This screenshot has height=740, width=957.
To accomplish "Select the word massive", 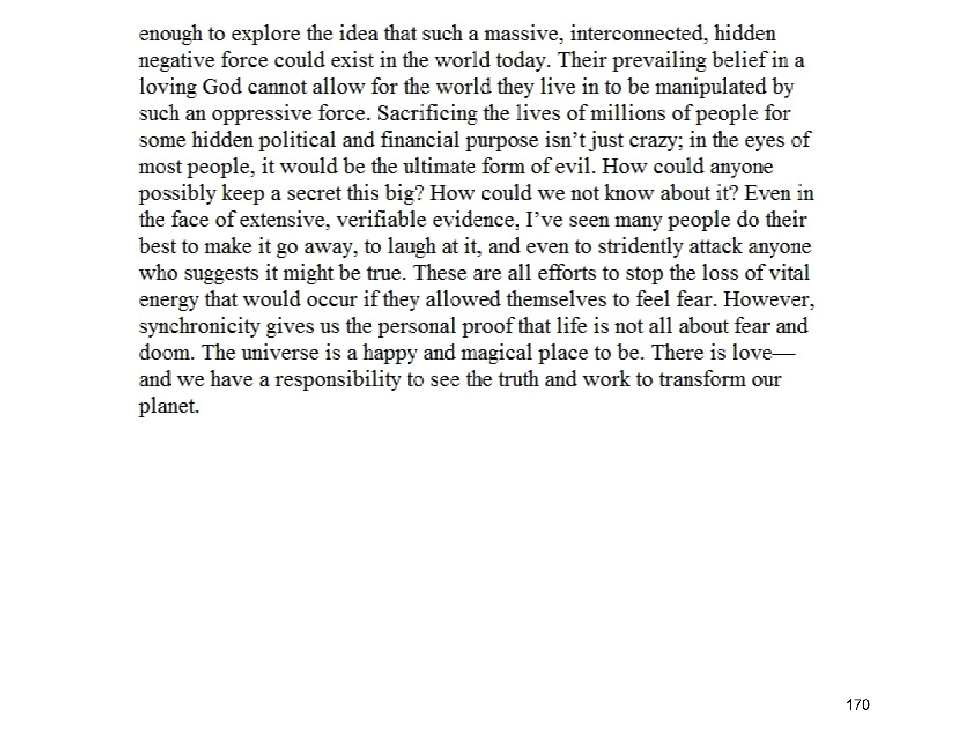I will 523,34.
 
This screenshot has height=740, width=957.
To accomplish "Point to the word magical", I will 496,353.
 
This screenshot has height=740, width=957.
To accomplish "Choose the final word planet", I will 169,407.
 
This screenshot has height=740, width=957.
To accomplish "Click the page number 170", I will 858,704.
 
